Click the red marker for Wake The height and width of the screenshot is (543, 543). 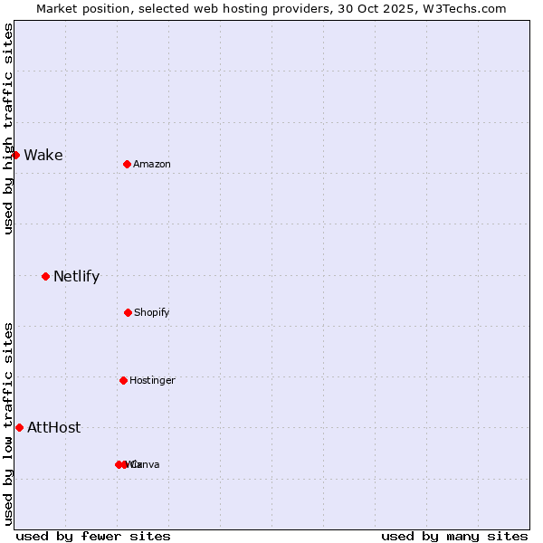[x=15, y=155]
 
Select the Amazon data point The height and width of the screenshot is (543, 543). [x=127, y=164]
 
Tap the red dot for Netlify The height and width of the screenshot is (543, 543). [x=45, y=276]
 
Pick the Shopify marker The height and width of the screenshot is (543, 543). [x=128, y=312]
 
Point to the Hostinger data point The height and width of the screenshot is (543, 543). [x=123, y=380]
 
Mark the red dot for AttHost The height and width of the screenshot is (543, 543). [x=19, y=427]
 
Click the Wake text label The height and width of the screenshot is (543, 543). [x=43, y=155]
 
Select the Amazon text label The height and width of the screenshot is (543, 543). [x=152, y=164]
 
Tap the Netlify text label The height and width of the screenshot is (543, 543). [x=76, y=276]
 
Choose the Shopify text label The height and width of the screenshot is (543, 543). [x=152, y=312]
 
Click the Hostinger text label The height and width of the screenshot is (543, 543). [x=152, y=380]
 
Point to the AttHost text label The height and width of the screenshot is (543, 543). [x=54, y=427]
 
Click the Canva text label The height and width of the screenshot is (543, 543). [x=147, y=464]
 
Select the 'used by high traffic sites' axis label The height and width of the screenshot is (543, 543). [x=8, y=129]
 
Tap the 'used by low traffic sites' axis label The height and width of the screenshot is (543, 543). [x=8, y=424]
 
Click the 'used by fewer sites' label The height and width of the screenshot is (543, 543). [x=93, y=536]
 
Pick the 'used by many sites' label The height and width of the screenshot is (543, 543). [x=454, y=536]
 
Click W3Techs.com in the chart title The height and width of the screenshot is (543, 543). [x=462, y=8]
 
